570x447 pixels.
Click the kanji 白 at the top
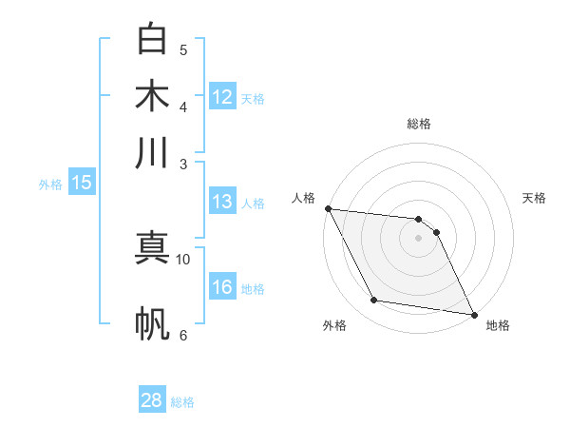152,39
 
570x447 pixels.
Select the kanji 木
152,96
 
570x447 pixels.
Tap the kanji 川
152,153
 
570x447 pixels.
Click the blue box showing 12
222,97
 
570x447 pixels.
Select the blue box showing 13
222,202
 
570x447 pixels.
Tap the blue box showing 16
222,287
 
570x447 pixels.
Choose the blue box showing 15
82,184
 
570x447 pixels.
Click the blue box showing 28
152,400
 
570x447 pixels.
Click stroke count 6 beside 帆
183,335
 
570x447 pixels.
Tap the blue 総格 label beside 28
182,402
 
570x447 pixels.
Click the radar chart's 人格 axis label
303,198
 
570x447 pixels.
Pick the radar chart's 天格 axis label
534,198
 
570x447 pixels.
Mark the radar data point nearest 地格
473,313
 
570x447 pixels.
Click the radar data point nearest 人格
328,208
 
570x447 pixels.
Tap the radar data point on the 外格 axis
374,301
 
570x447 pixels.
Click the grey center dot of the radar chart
418,238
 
